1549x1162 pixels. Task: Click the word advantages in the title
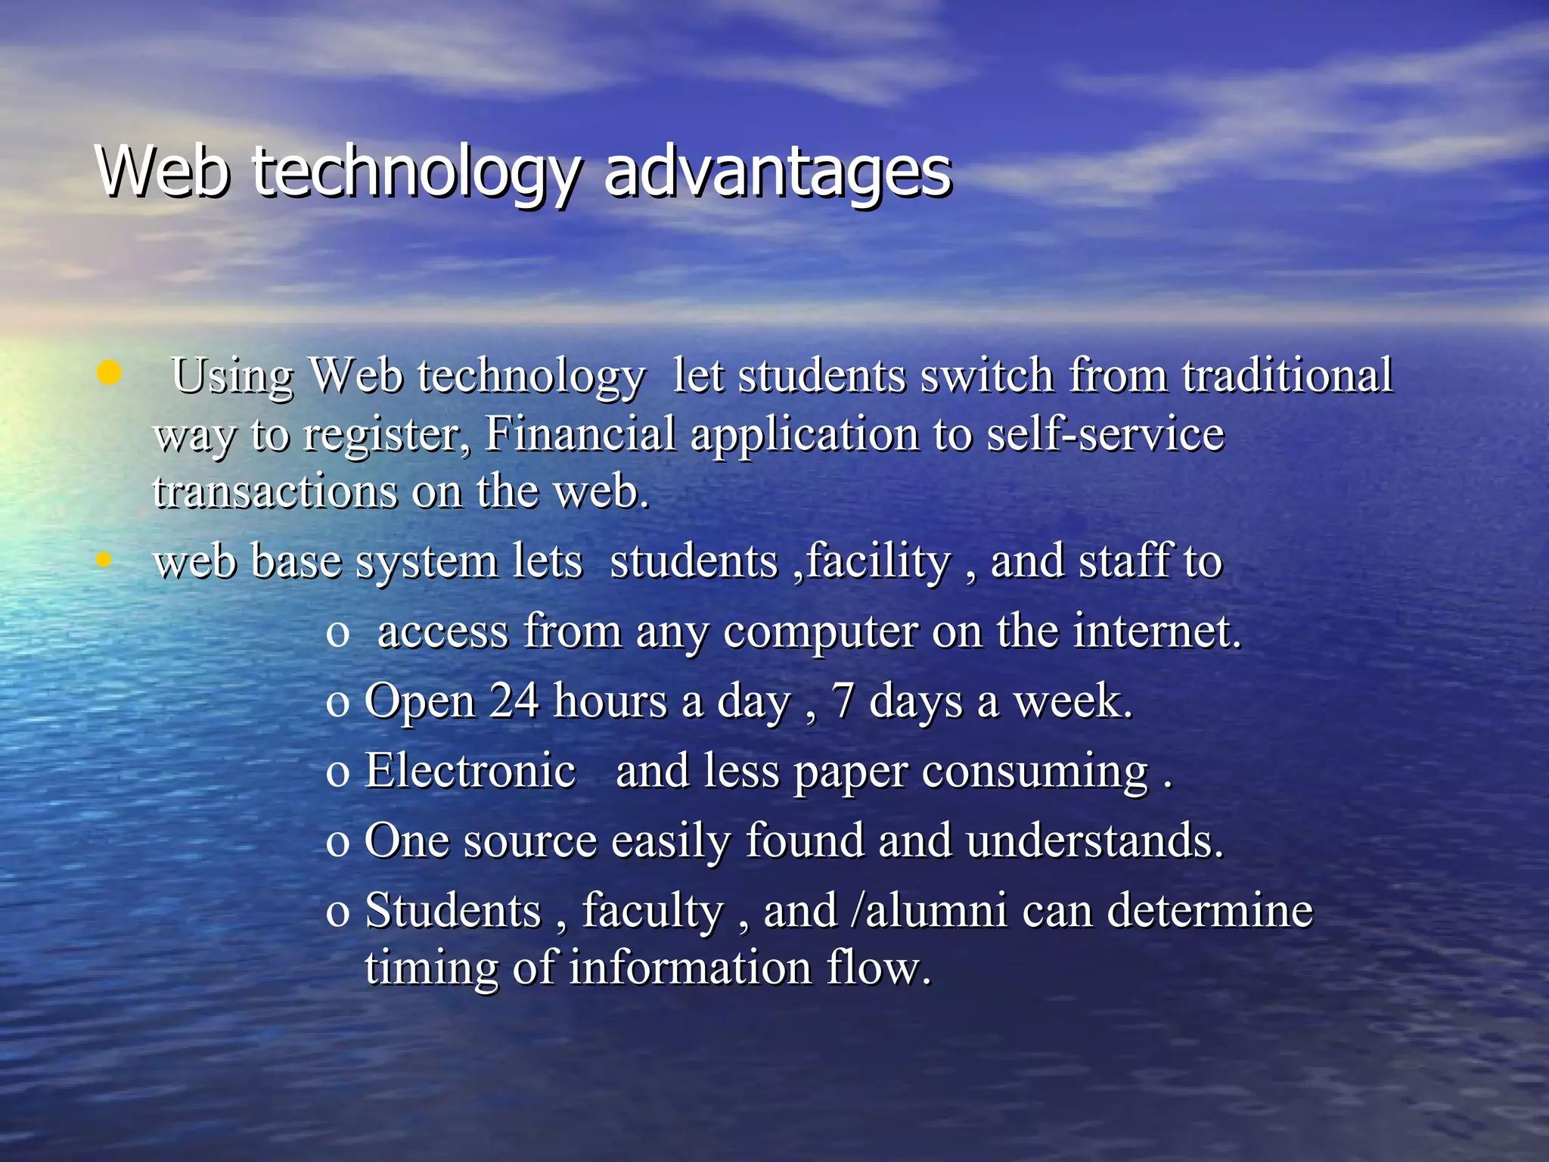(x=777, y=172)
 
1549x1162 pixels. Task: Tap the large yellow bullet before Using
(x=109, y=373)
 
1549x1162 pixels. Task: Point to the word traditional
(x=1287, y=375)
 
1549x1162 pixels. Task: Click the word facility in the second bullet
(x=877, y=562)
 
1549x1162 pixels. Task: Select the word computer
(x=820, y=632)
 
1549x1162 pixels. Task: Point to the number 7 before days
(x=843, y=702)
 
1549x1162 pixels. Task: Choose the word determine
(x=1209, y=910)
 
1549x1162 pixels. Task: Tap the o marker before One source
(x=337, y=842)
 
